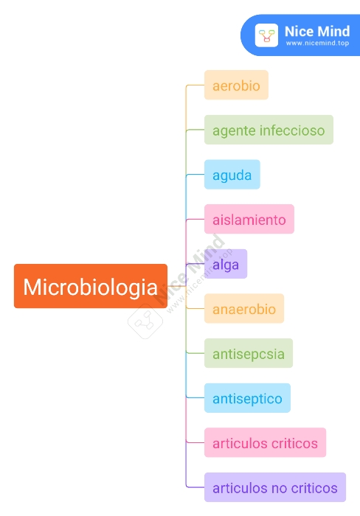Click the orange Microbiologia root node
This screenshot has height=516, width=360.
91,286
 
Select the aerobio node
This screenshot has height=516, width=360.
236,85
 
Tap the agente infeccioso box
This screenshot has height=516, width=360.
269,130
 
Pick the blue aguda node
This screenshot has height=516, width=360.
232,175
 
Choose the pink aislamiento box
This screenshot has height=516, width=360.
249,219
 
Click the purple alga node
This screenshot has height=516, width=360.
226,264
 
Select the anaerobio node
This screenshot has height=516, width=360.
244,308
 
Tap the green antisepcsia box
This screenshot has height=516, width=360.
249,353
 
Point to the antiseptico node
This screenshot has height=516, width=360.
247,398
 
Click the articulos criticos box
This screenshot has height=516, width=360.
265,442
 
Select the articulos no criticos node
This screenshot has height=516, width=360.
275,487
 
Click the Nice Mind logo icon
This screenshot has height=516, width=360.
266,35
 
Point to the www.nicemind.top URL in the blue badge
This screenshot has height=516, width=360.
317,43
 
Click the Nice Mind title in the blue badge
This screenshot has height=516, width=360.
317,32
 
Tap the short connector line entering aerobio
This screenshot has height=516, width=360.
195,86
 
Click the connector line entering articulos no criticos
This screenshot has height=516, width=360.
195,487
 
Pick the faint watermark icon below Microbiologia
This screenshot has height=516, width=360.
145,321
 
